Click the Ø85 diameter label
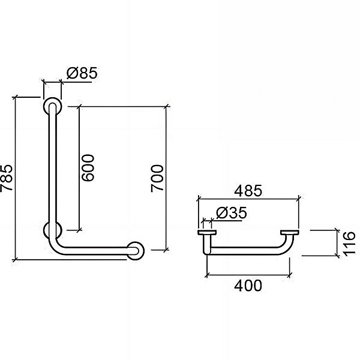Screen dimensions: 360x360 82,73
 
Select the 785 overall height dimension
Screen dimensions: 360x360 6,178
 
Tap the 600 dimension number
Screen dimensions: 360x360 88,168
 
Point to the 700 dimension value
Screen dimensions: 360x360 157,178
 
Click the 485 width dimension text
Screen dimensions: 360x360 248,191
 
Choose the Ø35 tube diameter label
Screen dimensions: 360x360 232,213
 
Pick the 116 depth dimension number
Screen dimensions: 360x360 349,243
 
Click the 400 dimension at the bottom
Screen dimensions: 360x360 248,286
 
